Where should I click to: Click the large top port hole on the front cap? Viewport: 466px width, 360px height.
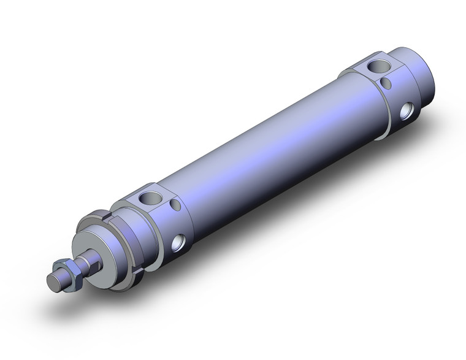(x=150, y=197)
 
